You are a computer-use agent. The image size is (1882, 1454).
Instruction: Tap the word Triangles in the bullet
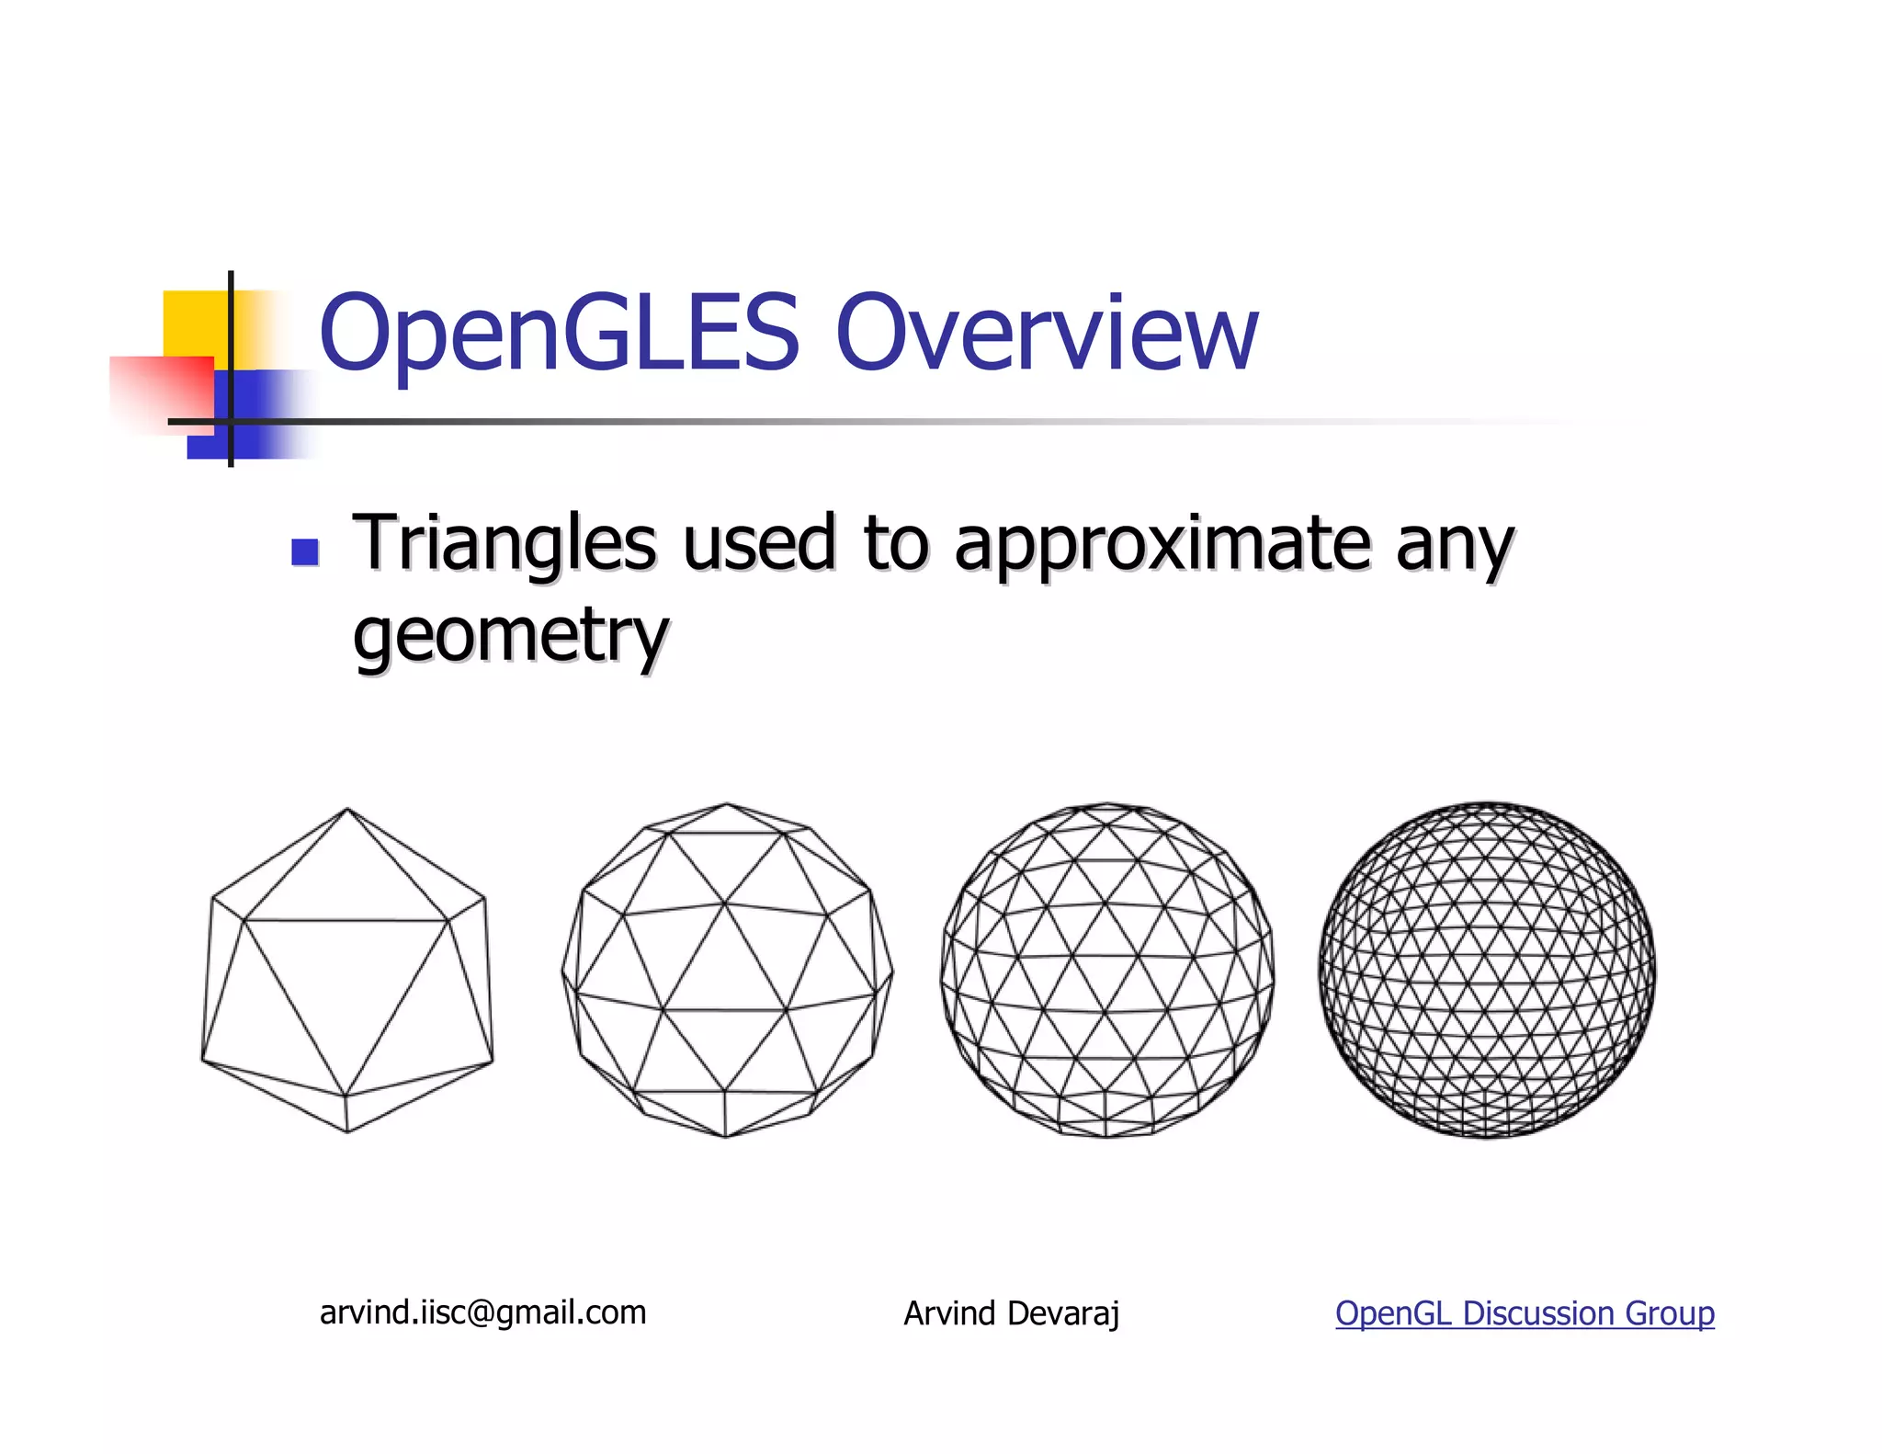point(505,544)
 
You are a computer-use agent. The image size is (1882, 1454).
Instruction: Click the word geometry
point(510,636)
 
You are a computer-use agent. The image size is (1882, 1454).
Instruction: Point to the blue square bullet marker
point(304,551)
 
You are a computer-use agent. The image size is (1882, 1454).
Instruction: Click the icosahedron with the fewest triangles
point(347,970)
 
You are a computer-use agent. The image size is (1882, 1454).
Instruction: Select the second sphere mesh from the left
point(726,970)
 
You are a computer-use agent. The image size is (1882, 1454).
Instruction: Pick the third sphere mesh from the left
point(1107,970)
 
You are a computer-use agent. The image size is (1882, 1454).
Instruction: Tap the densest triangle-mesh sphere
point(1487,970)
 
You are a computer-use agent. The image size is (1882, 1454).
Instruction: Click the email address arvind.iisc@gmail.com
point(482,1312)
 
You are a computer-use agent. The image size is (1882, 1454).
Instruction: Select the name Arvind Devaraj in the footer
point(1011,1313)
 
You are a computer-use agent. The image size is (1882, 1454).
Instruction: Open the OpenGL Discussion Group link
point(1524,1313)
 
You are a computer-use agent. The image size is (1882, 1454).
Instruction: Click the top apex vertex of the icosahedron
point(347,809)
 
